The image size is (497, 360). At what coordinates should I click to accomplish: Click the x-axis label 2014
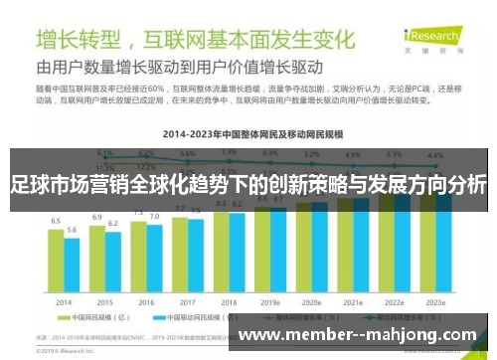65,302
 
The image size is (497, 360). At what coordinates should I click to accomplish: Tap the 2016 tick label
146,302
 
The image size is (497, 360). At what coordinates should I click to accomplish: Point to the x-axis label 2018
229,302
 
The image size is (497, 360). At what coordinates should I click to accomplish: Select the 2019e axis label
270,302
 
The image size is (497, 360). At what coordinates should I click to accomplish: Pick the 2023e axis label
434,302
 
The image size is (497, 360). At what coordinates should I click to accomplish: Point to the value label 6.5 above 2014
57,223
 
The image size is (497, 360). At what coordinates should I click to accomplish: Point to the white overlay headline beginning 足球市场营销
248,186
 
